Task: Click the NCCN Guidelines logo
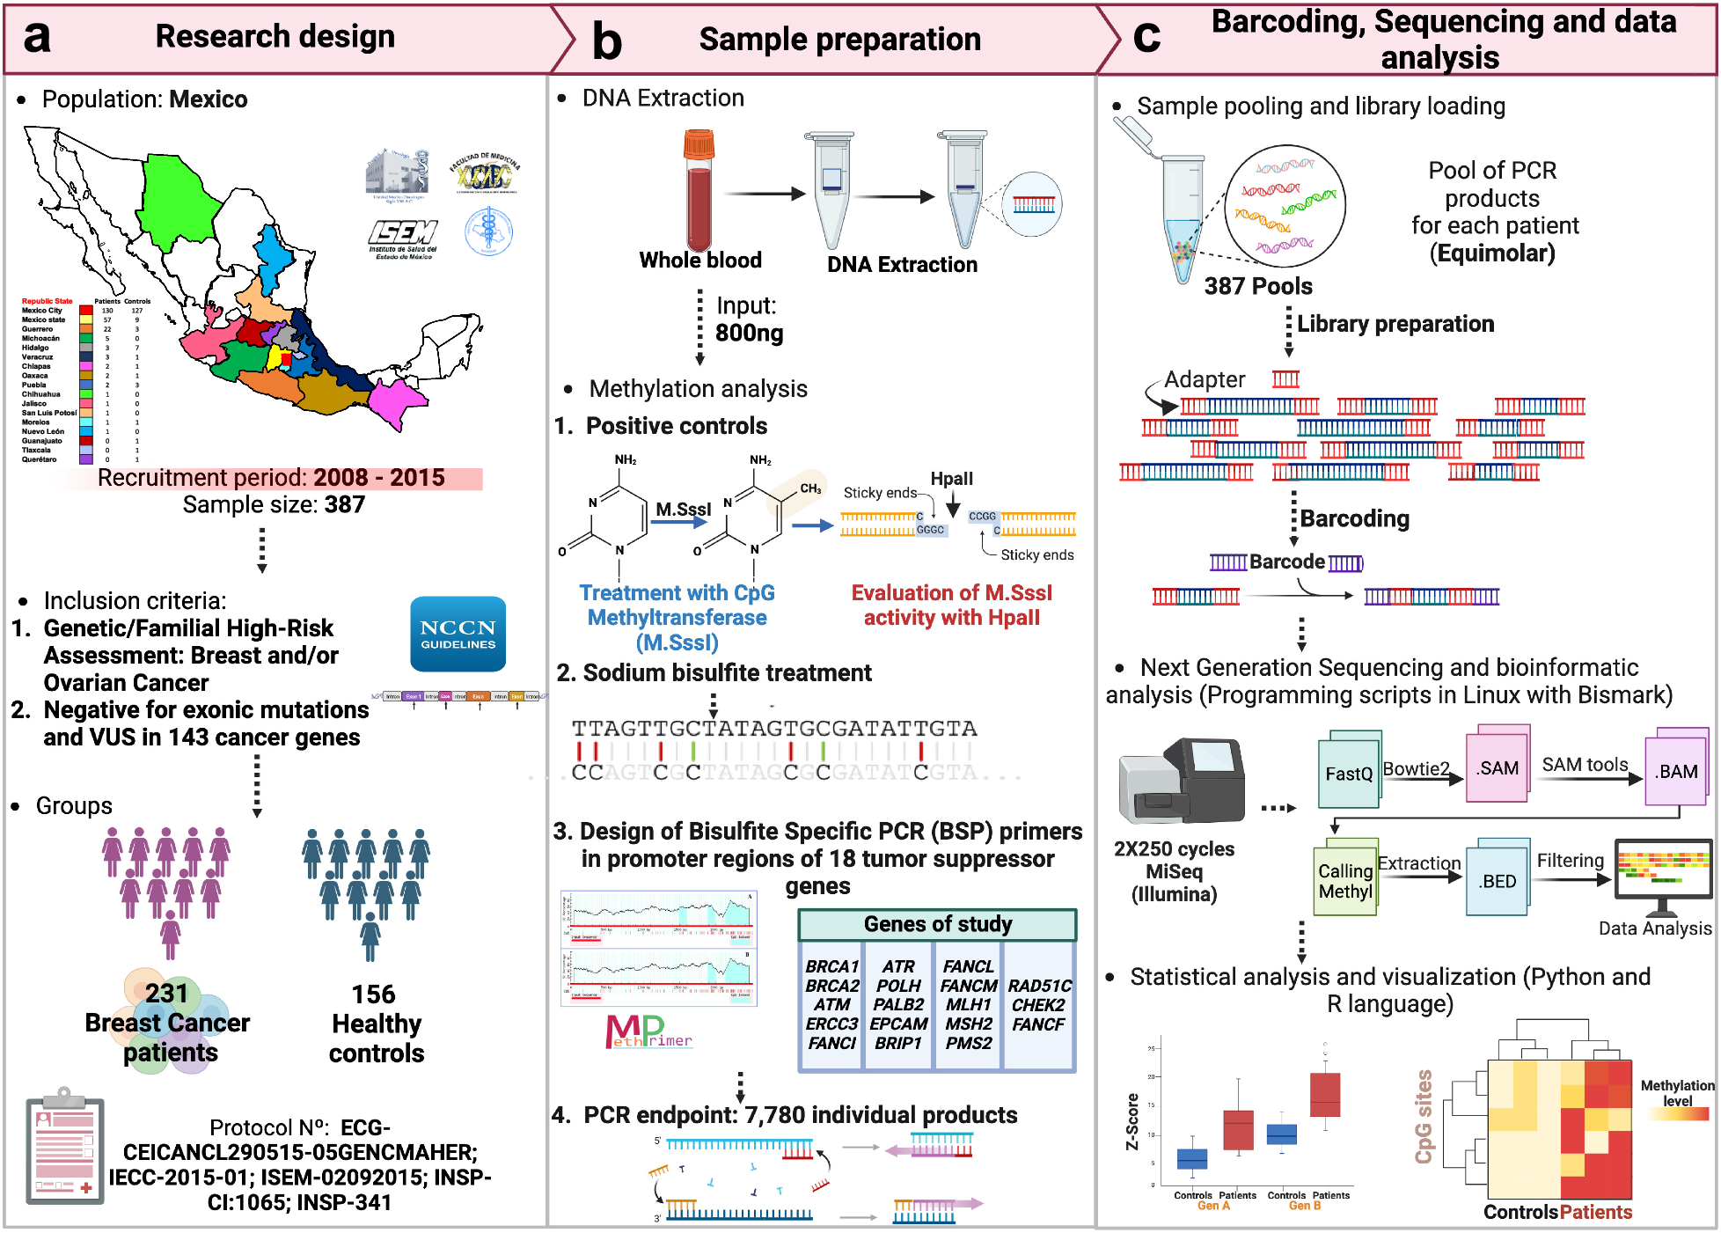[458, 635]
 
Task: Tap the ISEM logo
[402, 238]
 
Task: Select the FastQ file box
[1348, 772]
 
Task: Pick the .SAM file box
[1497, 767]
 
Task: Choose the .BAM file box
[1676, 770]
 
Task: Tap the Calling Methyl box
[1344, 880]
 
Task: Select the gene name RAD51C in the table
[1039, 986]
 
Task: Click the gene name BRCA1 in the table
[831, 966]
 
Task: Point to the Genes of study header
[937, 924]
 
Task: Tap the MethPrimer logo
[648, 1031]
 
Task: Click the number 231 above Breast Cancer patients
[166, 993]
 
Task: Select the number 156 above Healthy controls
[374, 994]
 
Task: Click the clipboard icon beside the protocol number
[65, 1145]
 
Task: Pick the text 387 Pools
[1257, 286]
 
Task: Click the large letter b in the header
[607, 40]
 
